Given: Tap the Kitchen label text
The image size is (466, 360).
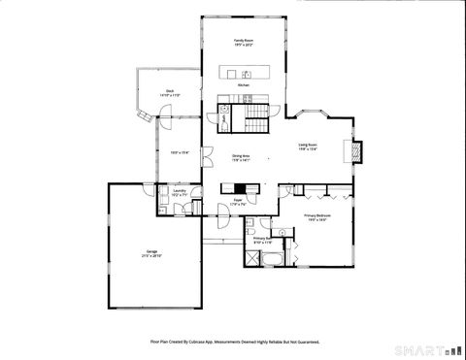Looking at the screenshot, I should point(245,85).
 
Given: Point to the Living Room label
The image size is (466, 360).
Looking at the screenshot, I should point(309,145).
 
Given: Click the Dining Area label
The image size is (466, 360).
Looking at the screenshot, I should point(241,156).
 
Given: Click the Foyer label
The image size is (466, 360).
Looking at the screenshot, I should point(238,200).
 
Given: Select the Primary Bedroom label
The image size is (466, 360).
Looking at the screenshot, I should point(317,215).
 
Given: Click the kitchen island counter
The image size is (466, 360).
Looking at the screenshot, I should point(245,73).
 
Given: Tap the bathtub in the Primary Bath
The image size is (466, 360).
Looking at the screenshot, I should point(273,259).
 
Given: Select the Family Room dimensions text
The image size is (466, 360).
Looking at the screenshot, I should point(243,45).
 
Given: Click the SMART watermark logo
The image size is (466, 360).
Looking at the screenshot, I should point(426,347).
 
